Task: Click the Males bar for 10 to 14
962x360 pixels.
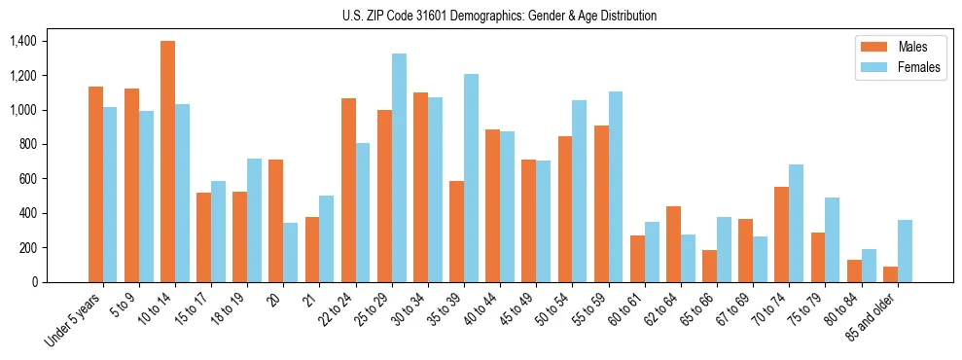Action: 167,162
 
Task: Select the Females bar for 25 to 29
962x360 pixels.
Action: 399,167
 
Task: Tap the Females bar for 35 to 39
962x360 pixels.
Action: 471,178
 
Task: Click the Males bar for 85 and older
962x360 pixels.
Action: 890,274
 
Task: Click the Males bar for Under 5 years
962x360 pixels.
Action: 95,184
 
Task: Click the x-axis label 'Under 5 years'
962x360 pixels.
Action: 74,318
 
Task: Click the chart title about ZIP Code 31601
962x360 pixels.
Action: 499,16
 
